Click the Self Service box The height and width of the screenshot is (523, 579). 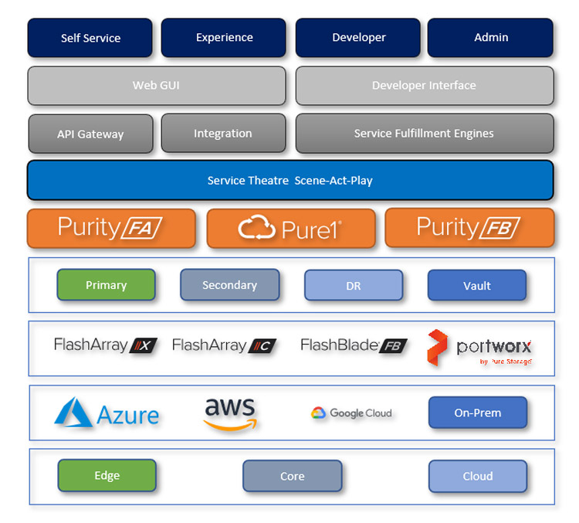click(x=90, y=38)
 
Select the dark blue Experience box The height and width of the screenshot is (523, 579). click(x=224, y=38)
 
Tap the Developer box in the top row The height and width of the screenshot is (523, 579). click(x=358, y=38)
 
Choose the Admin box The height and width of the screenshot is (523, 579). click(x=491, y=38)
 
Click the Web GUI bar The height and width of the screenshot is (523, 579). click(x=156, y=86)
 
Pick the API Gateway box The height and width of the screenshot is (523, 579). click(x=90, y=134)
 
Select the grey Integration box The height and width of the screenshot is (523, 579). click(x=223, y=134)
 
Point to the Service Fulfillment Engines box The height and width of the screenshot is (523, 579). click(x=424, y=134)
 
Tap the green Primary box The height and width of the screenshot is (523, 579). click(x=106, y=285)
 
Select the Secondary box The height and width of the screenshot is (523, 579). click(x=229, y=285)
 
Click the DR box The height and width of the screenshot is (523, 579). click(x=353, y=285)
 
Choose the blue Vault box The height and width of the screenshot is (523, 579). click(x=476, y=285)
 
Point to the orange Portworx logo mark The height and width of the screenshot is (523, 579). click(x=438, y=348)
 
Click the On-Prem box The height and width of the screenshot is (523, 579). click(x=477, y=413)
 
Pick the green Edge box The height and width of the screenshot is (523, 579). click(x=107, y=475)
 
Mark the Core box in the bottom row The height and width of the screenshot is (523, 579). click(x=292, y=476)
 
